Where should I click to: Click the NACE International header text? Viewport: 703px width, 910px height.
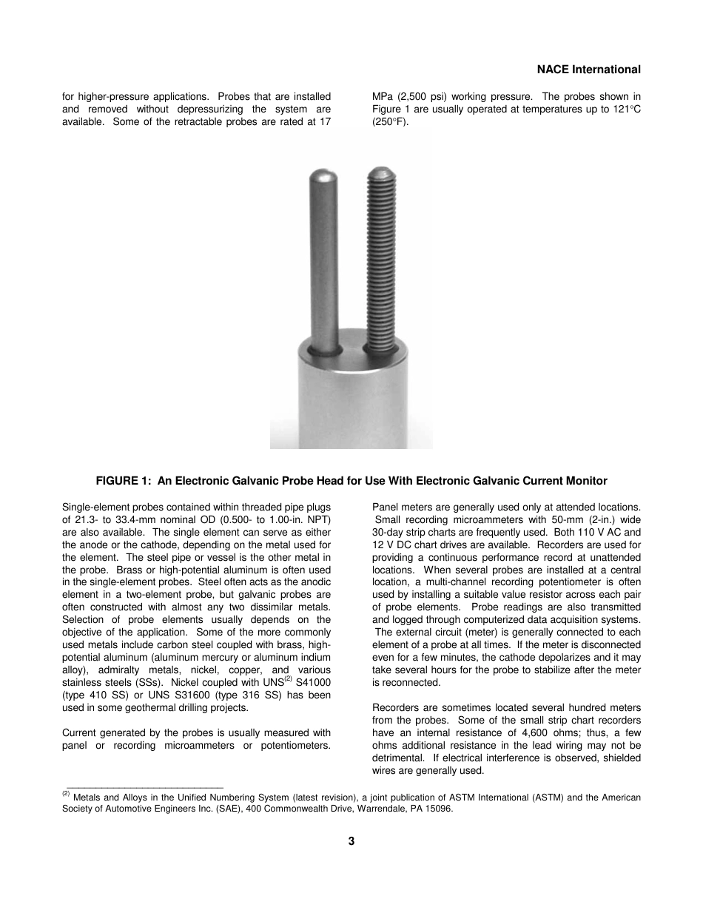[x=588, y=70]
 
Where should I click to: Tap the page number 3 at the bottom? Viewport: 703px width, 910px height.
[x=351, y=840]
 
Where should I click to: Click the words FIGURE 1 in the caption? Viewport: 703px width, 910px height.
[x=121, y=481]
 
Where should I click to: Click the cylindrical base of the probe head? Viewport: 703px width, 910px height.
[x=351, y=400]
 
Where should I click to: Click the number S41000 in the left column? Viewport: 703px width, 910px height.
[x=313, y=683]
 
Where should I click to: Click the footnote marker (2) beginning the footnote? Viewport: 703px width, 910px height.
[x=66, y=795]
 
